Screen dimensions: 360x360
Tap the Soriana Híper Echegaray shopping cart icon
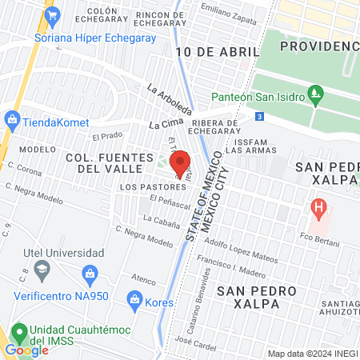click(53, 14)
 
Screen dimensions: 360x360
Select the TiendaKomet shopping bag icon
click(11, 120)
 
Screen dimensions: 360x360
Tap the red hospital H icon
click(319, 210)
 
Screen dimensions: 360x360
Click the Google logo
click(26, 350)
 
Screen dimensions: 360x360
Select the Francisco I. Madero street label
click(238, 262)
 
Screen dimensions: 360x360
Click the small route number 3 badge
click(260, 116)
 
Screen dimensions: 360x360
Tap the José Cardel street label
click(196, 345)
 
